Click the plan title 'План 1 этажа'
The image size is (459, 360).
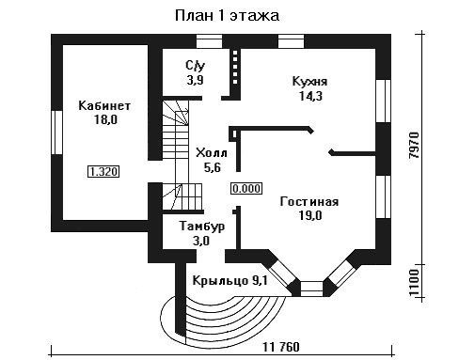(227, 16)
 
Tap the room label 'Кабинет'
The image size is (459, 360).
(104, 105)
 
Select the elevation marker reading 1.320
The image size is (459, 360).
(103, 172)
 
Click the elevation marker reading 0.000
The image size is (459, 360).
(246, 189)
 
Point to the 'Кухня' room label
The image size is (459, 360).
(309, 82)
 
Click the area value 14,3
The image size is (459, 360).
(310, 96)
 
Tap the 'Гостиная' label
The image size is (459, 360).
(309, 201)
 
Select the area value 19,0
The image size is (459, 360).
(310, 215)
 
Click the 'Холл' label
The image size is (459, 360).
(212, 153)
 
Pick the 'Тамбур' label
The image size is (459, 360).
(202, 227)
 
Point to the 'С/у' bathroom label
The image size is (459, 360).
(196, 66)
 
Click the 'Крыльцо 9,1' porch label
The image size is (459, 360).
(229, 281)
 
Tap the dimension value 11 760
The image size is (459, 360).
(281, 347)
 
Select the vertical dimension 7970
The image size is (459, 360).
(414, 146)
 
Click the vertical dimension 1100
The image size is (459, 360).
(414, 282)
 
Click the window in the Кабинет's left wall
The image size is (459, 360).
(57, 133)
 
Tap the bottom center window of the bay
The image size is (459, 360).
(311, 289)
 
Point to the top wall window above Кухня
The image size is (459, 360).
(291, 41)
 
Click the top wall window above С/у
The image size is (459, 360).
(209, 41)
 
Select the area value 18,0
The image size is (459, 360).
(105, 119)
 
